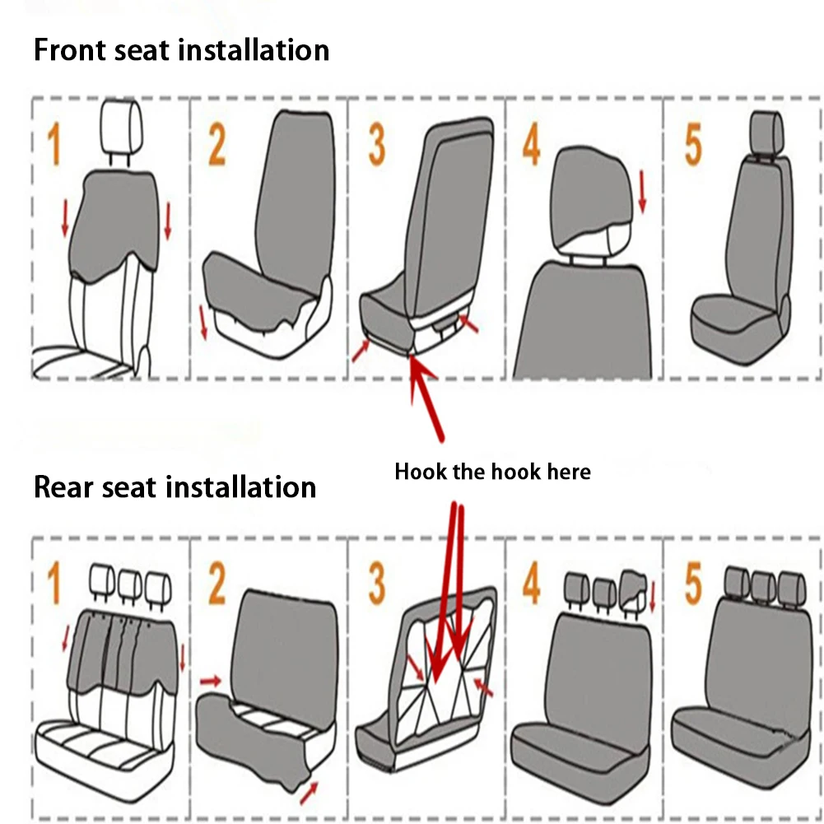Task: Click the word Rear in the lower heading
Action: (x=63, y=486)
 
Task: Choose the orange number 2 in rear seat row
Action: (x=216, y=584)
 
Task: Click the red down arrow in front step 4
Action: (x=643, y=191)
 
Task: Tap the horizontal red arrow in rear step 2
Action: (x=212, y=680)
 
